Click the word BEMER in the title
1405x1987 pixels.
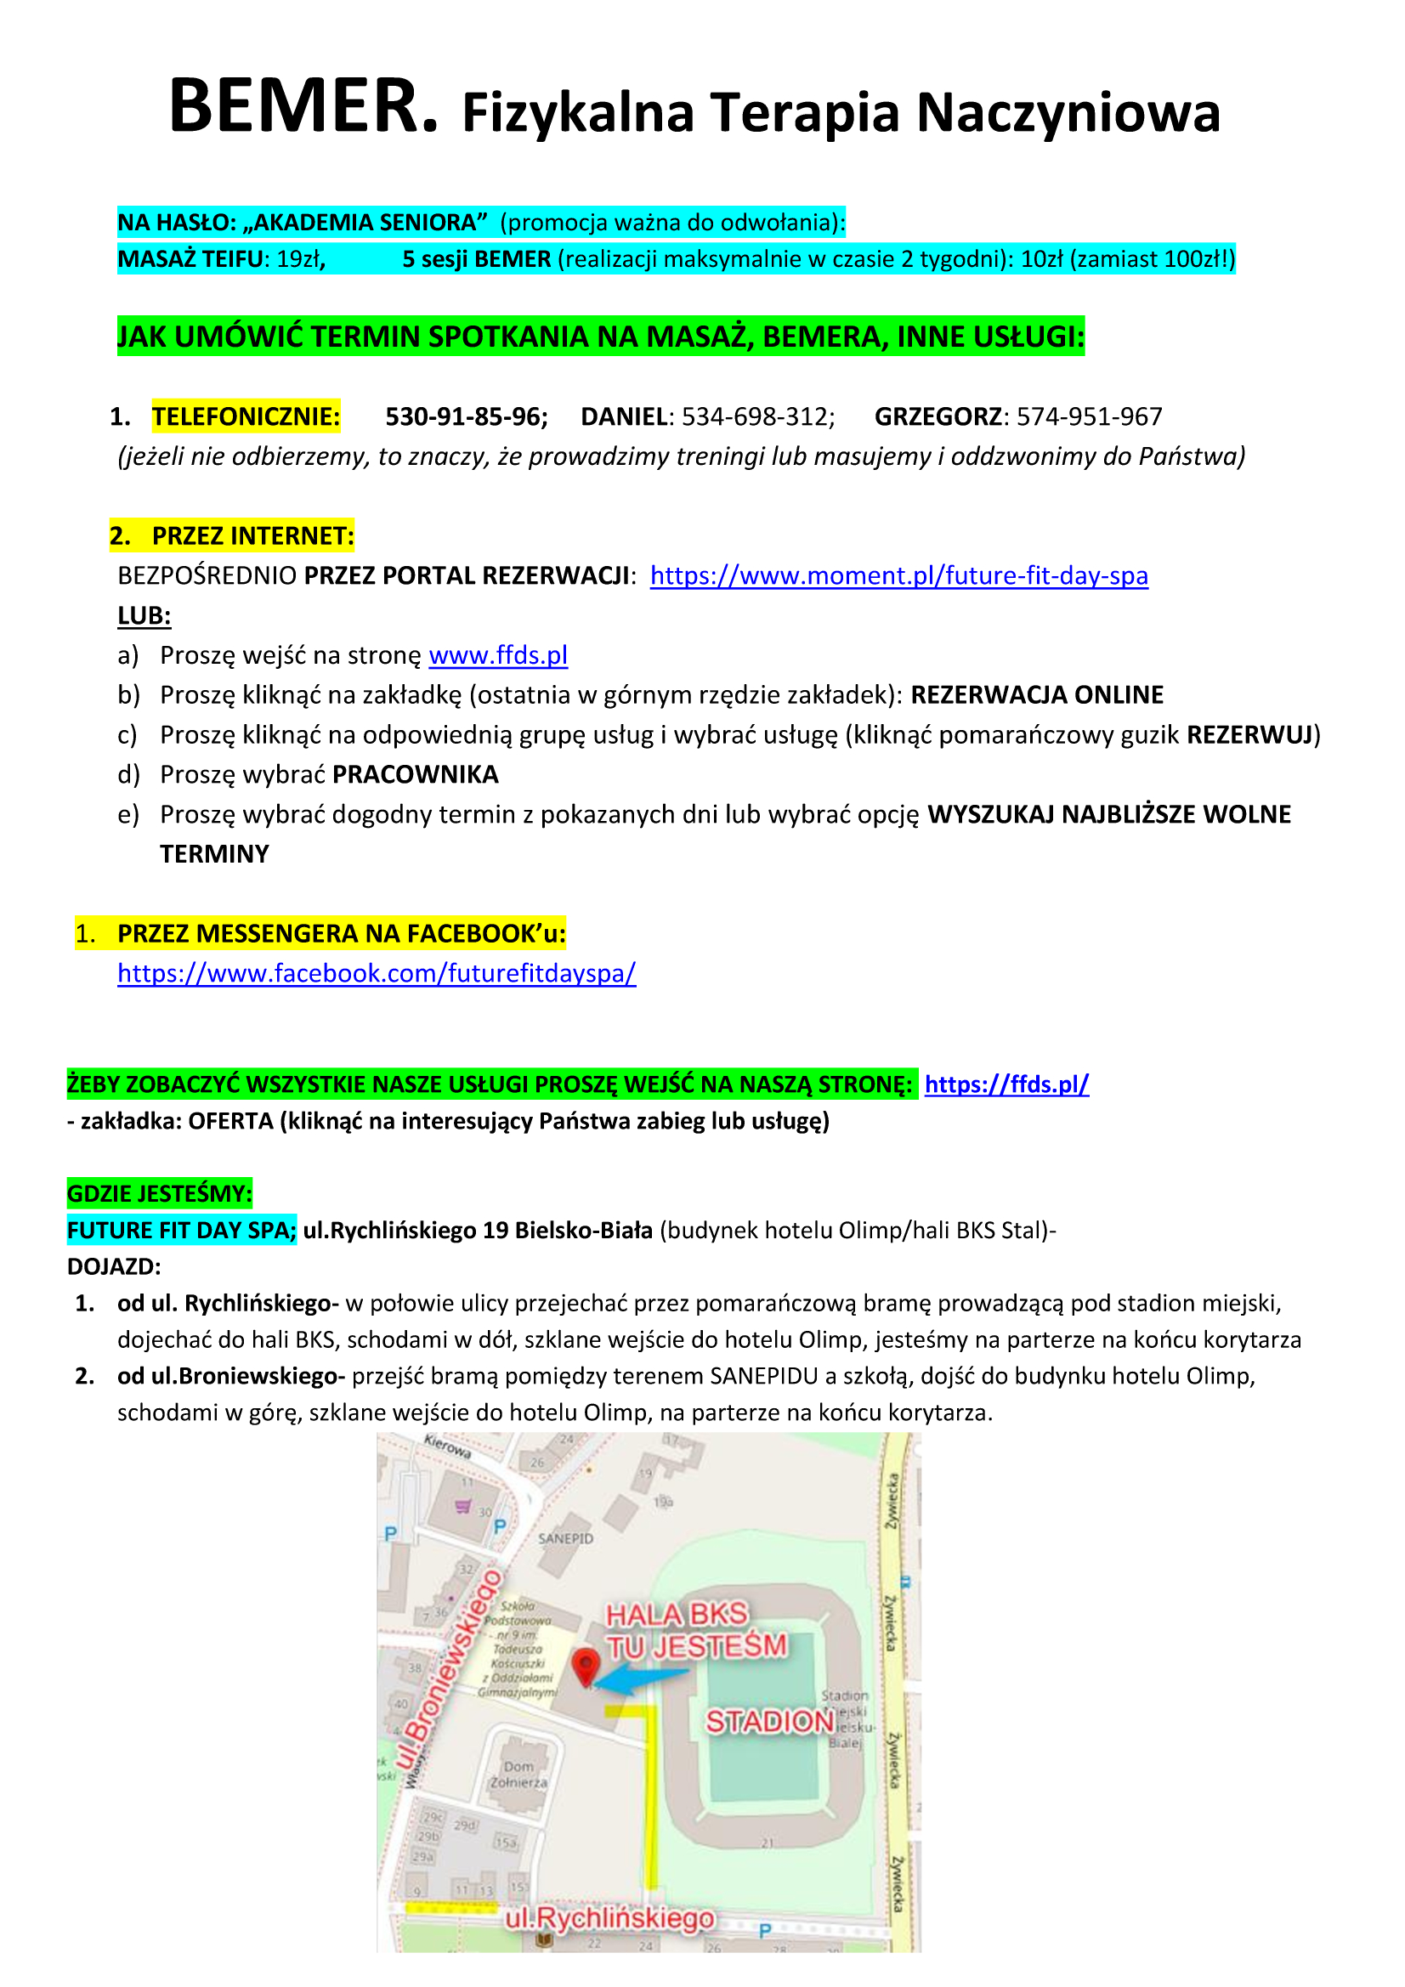[303, 107]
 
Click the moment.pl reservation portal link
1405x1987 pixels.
[898, 575]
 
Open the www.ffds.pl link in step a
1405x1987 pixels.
[498, 655]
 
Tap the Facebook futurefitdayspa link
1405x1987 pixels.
[377, 974]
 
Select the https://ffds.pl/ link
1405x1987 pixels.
[1006, 1084]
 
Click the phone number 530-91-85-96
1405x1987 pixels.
[466, 417]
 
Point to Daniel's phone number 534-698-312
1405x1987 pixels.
[757, 417]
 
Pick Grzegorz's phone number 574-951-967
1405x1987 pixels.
[1088, 417]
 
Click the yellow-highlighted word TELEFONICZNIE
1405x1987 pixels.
[246, 417]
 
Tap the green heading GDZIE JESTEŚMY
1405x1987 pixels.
[159, 1194]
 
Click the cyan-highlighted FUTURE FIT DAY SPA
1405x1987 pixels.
[182, 1231]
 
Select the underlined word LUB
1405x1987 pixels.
[144, 616]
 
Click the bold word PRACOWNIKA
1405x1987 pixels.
[416, 774]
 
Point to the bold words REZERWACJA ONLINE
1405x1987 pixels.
[1036, 695]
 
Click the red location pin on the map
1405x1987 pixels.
[586, 1664]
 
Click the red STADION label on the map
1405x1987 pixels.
[768, 1721]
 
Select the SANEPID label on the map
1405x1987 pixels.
[565, 1539]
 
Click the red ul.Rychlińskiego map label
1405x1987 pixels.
[610, 1920]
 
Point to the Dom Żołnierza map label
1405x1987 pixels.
[518, 1775]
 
